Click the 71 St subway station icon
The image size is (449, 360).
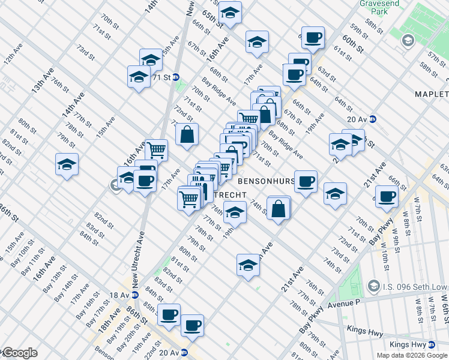[x=176, y=77]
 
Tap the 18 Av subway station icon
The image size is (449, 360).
[x=135, y=295]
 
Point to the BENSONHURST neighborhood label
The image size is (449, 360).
[x=268, y=180]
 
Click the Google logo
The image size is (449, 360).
[x=19, y=353]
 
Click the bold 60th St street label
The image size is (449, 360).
[x=354, y=43]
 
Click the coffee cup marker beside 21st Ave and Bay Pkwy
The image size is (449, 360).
[x=388, y=196]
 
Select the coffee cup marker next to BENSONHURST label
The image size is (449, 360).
[x=306, y=181]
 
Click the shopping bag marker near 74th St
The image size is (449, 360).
[x=278, y=209]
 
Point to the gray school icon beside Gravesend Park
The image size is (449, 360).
[x=408, y=41]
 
